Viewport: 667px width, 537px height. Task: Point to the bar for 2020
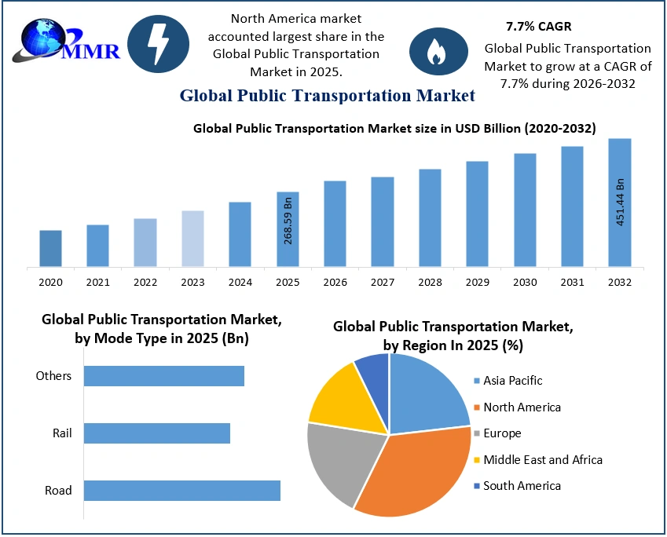[50, 248]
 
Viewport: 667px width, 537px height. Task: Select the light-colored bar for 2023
[192, 239]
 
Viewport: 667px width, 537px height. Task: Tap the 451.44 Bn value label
[620, 202]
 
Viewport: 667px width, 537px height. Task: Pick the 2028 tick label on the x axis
[430, 282]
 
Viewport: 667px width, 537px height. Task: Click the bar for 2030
[525, 210]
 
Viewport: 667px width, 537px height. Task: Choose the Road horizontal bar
[181, 490]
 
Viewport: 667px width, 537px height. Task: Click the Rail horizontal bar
[156, 433]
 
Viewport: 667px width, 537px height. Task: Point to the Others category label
[53, 376]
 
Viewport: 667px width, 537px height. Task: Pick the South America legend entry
[521, 486]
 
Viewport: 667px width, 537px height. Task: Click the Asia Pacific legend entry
[512, 381]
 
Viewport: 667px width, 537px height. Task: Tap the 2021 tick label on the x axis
[97, 282]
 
